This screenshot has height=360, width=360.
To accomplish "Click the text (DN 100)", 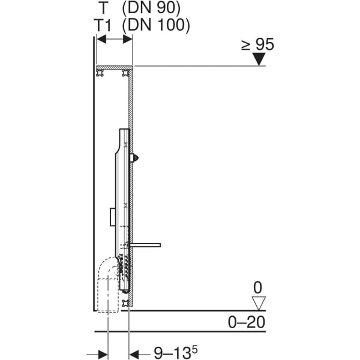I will pyautogui.click(x=156, y=25).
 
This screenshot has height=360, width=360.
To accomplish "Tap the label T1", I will pyautogui.click(x=106, y=25).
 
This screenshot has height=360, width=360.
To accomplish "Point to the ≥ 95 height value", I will pyautogui.click(x=258, y=44).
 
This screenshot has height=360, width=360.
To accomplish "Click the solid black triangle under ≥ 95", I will pyautogui.click(x=259, y=59).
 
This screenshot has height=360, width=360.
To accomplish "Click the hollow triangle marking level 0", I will pyautogui.click(x=259, y=304).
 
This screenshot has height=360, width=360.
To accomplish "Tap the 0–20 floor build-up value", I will pyautogui.click(x=246, y=322).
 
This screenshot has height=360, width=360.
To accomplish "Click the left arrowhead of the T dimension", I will pyautogui.click(x=101, y=39).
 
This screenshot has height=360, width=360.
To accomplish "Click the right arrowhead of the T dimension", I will pyautogui.click(x=128, y=39).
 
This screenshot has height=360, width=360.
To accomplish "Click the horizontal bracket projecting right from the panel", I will pyautogui.click(x=147, y=245).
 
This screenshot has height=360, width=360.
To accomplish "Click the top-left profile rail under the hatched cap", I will pyautogui.click(x=100, y=73).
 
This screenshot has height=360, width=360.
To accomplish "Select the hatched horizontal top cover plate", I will pyautogui.click(x=114, y=67).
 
